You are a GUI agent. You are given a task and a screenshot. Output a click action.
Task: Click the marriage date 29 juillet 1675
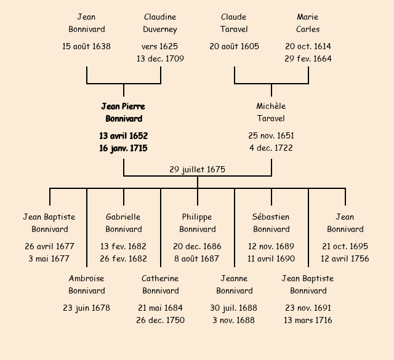(197, 169)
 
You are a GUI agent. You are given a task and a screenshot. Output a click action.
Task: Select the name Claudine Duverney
(160, 23)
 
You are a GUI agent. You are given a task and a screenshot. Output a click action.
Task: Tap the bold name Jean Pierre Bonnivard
(123, 113)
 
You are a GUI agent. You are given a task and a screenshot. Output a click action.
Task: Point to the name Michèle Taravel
(271, 113)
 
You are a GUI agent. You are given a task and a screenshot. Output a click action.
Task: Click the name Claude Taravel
(233, 23)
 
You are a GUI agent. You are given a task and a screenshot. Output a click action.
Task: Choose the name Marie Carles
(308, 23)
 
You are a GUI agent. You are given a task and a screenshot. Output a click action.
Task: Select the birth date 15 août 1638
(86, 46)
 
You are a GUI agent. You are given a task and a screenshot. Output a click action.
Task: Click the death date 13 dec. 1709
(160, 59)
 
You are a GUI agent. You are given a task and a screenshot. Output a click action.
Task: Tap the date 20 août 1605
(234, 46)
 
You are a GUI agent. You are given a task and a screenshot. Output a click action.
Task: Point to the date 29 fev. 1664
(308, 59)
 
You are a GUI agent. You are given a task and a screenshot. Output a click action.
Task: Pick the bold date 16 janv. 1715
(123, 148)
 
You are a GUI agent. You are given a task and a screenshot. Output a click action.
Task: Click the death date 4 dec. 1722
(271, 148)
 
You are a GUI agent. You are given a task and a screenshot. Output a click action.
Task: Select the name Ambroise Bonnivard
(86, 285)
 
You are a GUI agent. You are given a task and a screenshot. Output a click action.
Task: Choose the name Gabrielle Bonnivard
(123, 223)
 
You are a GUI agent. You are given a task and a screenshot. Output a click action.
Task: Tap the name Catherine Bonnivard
(160, 285)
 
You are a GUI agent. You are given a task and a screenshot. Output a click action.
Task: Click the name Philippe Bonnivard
(197, 223)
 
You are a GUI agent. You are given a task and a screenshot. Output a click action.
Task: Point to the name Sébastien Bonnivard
(271, 223)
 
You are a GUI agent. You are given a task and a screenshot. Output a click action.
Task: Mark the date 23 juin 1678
(86, 308)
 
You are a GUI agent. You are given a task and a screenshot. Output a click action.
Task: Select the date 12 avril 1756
(345, 259)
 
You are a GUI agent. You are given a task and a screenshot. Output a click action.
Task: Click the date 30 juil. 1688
(234, 308)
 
